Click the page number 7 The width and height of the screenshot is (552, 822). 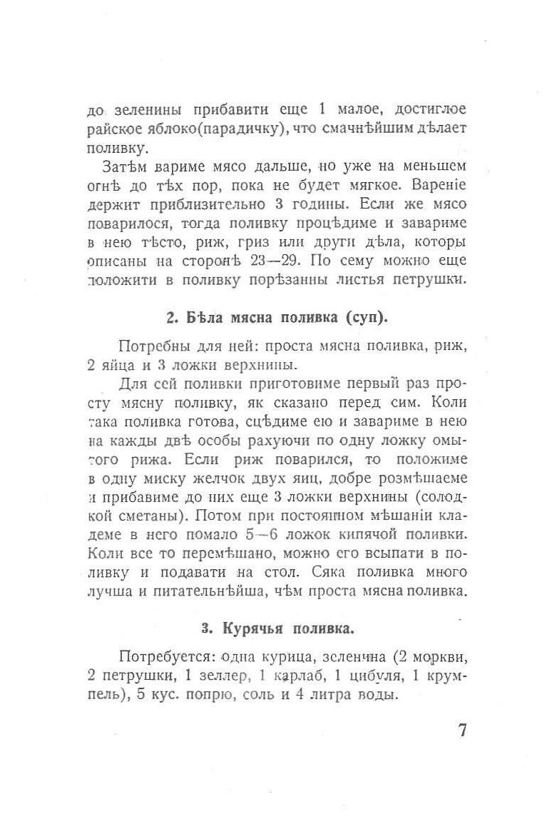[x=462, y=731]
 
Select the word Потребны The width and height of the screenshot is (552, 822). [x=151, y=348]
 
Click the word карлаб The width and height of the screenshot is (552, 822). [x=294, y=676]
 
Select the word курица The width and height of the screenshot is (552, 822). [x=282, y=657]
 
